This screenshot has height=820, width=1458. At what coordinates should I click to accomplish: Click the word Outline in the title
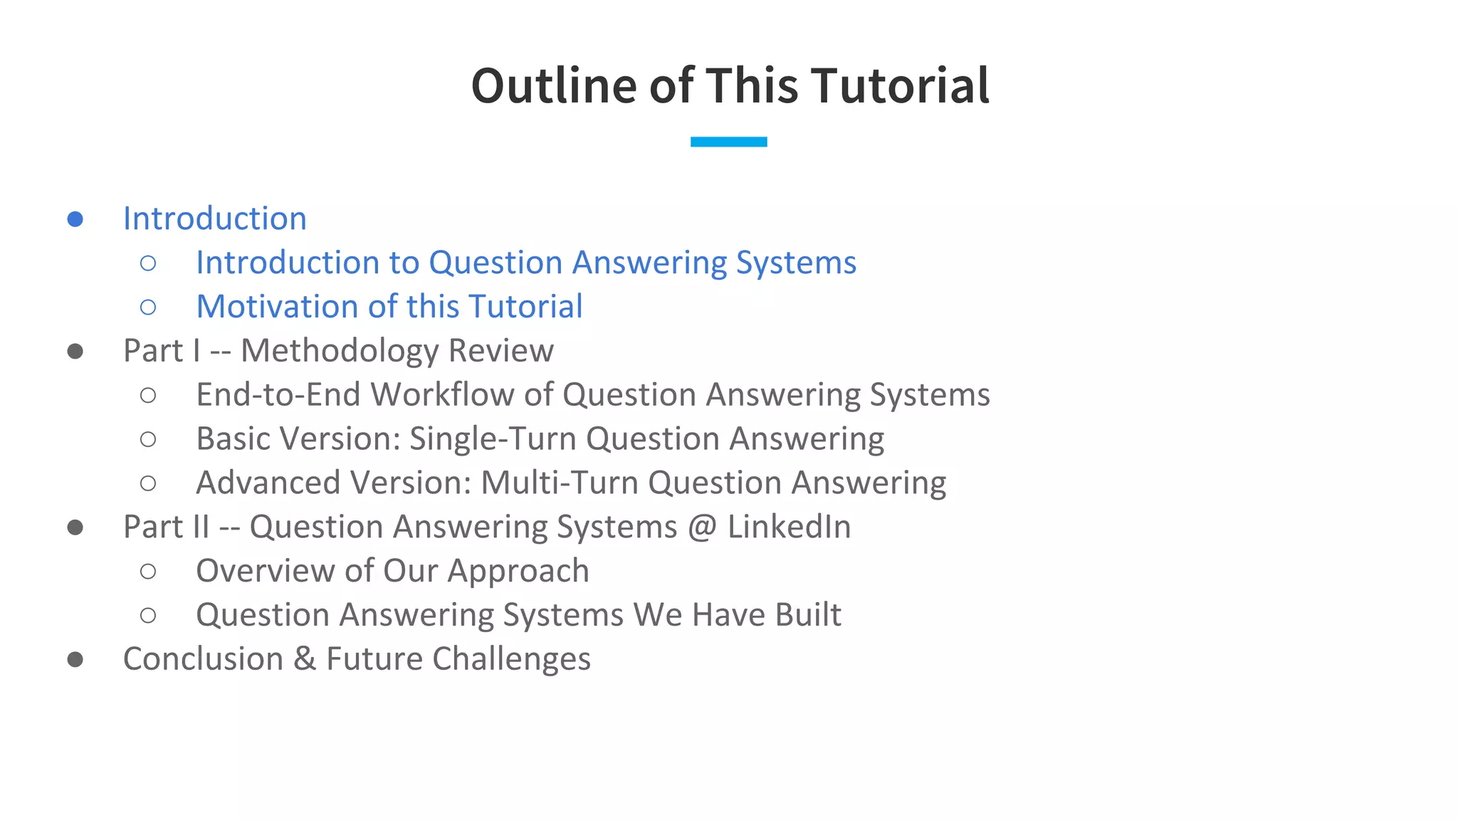(x=554, y=86)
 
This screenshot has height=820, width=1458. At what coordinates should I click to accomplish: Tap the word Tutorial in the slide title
(x=899, y=86)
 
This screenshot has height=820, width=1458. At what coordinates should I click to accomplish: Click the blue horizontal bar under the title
(x=728, y=142)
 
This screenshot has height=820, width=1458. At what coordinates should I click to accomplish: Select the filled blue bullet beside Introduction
(x=75, y=219)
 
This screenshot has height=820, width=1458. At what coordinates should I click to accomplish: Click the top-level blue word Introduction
(x=214, y=219)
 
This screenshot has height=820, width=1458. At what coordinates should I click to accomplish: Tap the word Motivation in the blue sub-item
(x=278, y=307)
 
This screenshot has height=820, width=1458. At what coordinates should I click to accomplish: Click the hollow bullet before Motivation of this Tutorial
(x=148, y=307)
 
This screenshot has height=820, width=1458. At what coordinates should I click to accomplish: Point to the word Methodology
(x=339, y=351)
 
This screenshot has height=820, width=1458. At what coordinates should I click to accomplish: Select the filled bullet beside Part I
(x=75, y=351)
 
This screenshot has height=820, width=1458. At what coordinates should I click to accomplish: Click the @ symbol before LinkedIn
(x=702, y=527)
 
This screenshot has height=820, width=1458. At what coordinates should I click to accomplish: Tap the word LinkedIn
(x=789, y=527)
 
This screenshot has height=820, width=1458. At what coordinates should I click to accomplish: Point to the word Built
(x=808, y=615)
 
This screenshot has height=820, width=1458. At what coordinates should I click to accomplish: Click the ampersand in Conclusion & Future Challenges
(x=305, y=659)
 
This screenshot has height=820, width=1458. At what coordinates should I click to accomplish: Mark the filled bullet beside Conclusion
(x=75, y=659)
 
